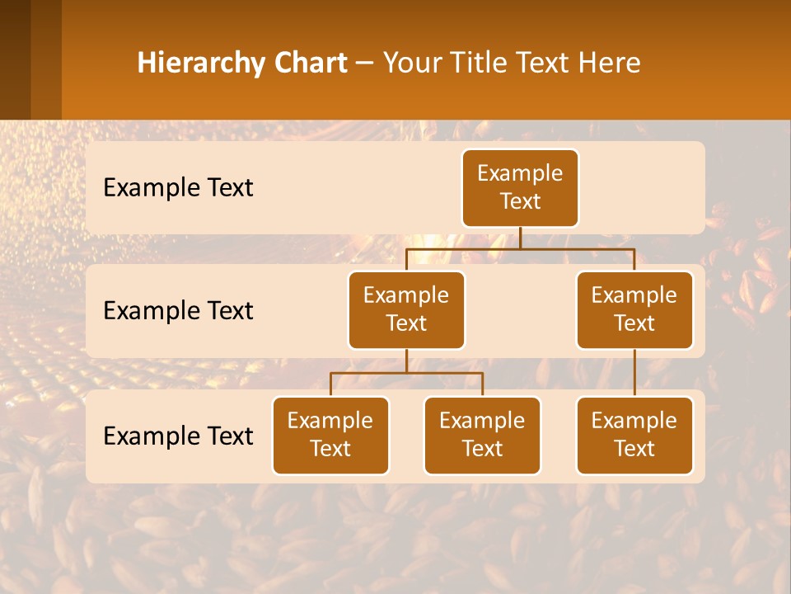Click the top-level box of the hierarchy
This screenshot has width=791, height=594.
(520, 188)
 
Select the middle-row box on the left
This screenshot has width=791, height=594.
(406, 310)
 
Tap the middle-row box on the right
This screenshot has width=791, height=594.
(634, 310)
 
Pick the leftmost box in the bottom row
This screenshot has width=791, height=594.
(330, 436)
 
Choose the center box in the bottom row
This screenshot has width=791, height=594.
(482, 436)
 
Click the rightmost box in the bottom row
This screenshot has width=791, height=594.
(634, 436)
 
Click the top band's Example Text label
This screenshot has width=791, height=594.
(178, 188)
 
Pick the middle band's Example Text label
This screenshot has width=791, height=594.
(178, 311)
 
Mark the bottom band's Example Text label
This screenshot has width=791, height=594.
(178, 436)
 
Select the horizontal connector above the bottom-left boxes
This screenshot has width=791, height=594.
(406, 373)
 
